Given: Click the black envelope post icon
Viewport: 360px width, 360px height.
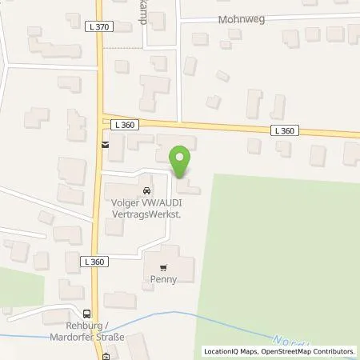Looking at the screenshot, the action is tap(105, 145).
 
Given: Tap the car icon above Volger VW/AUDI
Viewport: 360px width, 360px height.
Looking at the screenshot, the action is tap(146, 191).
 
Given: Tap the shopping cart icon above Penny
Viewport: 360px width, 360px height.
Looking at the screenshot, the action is tap(164, 269).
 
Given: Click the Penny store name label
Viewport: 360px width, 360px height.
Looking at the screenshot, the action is tap(164, 281).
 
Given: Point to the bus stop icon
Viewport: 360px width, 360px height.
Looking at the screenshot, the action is tap(86, 314).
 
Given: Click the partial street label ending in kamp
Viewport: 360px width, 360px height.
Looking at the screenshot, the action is tap(142, 14).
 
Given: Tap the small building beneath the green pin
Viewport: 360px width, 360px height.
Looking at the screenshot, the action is tap(189, 187).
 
